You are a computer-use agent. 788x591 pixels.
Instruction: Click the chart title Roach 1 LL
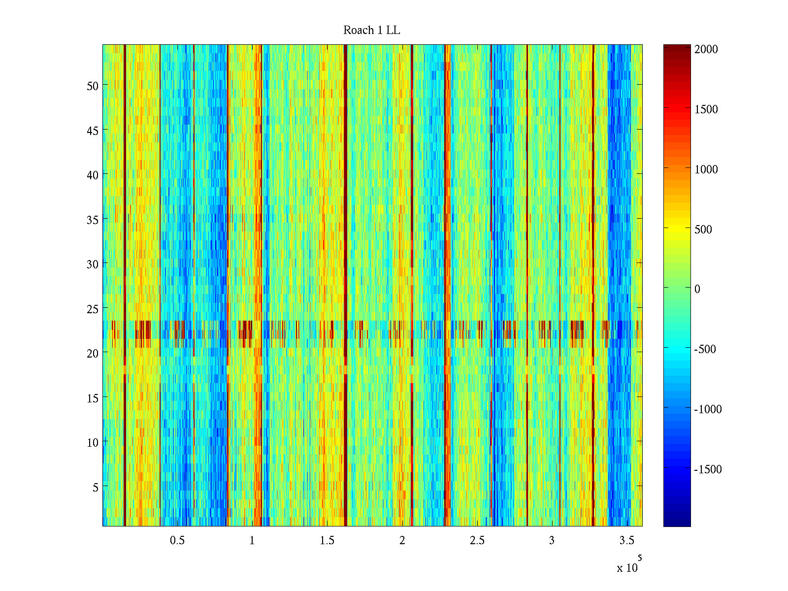tap(371, 31)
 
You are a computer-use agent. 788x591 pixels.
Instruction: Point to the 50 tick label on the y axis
tap(93, 86)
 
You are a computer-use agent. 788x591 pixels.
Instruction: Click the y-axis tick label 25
tap(93, 309)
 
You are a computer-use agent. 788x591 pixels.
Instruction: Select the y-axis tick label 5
tap(96, 487)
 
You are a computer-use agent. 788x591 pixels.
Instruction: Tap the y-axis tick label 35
tap(93, 220)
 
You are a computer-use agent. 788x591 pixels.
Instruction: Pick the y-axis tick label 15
tap(93, 398)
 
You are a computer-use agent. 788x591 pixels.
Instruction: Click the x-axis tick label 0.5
tap(177, 541)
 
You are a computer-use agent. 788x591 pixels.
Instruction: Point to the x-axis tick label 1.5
tap(327, 541)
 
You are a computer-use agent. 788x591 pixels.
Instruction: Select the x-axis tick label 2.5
tap(477, 541)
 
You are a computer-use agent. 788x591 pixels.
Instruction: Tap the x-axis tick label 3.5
tap(626, 541)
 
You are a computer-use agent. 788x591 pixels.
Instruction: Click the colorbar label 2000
tap(706, 49)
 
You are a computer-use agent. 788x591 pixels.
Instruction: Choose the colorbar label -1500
tap(708, 469)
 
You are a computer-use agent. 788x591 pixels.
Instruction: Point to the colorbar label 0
tap(697, 289)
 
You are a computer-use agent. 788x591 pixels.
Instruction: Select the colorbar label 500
tap(703, 230)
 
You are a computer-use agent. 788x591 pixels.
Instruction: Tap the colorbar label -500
tap(705, 349)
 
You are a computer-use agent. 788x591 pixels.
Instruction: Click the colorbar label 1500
tap(706, 109)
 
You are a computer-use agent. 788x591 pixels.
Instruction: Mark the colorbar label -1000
tap(708, 409)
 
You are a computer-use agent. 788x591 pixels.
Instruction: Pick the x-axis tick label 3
tap(552, 541)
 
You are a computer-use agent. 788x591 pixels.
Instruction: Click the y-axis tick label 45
tap(93, 131)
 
